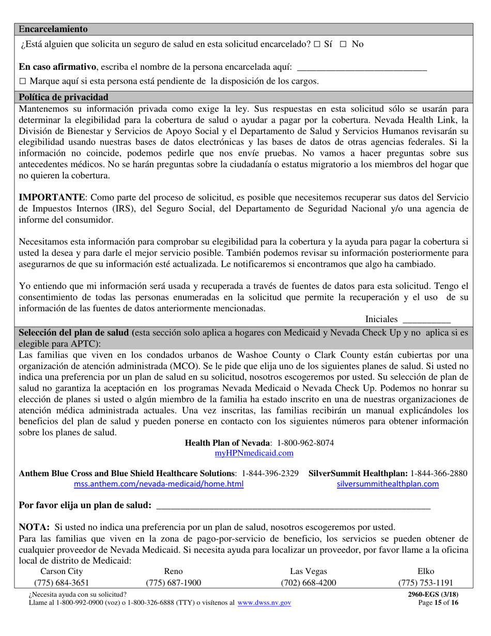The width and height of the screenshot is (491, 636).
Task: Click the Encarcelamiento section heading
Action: pos(53,29)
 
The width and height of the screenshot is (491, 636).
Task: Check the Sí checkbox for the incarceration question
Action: pos(317,44)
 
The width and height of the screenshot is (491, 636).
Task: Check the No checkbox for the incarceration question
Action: pos(343,44)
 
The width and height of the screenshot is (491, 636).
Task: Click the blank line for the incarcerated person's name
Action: pos(363,68)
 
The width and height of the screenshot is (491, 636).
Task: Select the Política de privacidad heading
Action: pos(64,97)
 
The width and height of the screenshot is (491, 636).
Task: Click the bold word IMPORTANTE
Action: pos(52,198)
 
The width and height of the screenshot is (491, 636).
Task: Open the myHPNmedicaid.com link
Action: pos(254,453)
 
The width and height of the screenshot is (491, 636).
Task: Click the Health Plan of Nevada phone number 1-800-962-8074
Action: pos(305,443)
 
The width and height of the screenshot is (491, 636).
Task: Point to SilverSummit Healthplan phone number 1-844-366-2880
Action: pos(439,473)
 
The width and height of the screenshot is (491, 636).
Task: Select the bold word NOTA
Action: pos(34,527)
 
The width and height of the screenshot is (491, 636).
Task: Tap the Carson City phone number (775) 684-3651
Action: pos(62,583)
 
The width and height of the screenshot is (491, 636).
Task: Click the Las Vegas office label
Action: pos(308,571)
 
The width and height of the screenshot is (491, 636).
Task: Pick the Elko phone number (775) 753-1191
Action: pos(426,583)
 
